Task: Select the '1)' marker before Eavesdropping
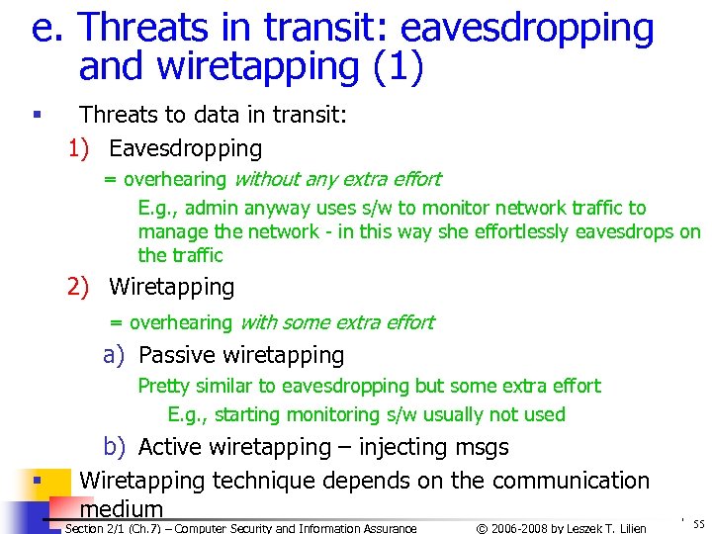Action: pos(79,149)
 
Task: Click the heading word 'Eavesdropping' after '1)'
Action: pos(185,149)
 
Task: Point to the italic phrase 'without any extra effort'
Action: pos(336,179)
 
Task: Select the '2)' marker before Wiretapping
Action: pos(79,288)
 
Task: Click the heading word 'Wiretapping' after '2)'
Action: pos(171,288)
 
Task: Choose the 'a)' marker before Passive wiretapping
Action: pos(114,355)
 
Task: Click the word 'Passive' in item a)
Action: pos(176,355)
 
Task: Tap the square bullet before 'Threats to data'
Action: pos(36,116)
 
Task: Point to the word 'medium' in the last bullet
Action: pos(121,509)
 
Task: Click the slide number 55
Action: pos(698,525)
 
